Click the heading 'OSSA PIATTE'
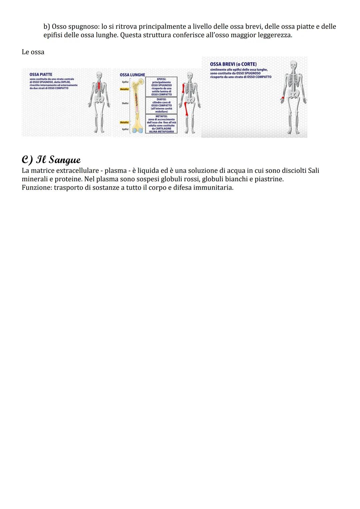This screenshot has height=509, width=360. point(41,75)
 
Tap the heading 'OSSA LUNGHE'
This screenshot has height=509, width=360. point(132,75)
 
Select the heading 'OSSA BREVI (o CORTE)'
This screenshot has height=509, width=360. point(233,64)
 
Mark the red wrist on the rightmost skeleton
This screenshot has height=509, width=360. point(283,98)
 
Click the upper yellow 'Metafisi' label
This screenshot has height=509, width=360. point(124,89)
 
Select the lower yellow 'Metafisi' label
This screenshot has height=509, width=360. point(124,123)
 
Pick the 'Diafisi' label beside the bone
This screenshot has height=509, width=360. point(125,103)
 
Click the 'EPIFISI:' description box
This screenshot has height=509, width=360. point(161,87)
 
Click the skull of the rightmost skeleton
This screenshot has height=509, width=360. point(293,65)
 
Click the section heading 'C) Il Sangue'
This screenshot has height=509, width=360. point(51,160)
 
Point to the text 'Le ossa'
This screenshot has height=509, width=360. point(33,52)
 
